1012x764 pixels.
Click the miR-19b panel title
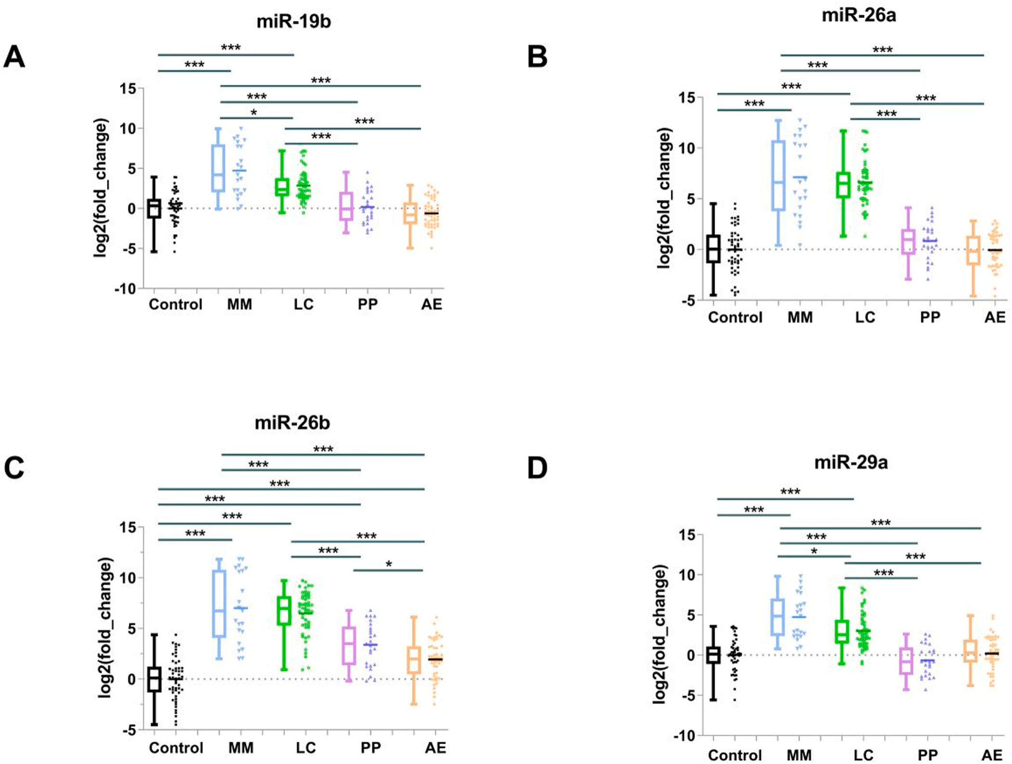293,22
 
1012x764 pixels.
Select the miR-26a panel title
859,15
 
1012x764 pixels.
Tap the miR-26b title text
292,423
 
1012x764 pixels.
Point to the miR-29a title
851,463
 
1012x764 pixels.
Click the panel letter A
14,57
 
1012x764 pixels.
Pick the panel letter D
537,468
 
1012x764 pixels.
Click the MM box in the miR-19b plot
218,168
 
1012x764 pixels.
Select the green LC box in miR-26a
843,184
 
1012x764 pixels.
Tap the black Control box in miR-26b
154,679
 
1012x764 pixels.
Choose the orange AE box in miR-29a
971,651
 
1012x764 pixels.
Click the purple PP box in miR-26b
349,646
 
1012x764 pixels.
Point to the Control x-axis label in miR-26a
735,318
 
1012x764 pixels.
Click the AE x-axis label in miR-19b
431,304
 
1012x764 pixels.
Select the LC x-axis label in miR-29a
863,755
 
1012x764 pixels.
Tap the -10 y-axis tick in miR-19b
125,289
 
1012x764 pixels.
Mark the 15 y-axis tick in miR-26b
128,527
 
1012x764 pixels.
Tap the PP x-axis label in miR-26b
371,748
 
